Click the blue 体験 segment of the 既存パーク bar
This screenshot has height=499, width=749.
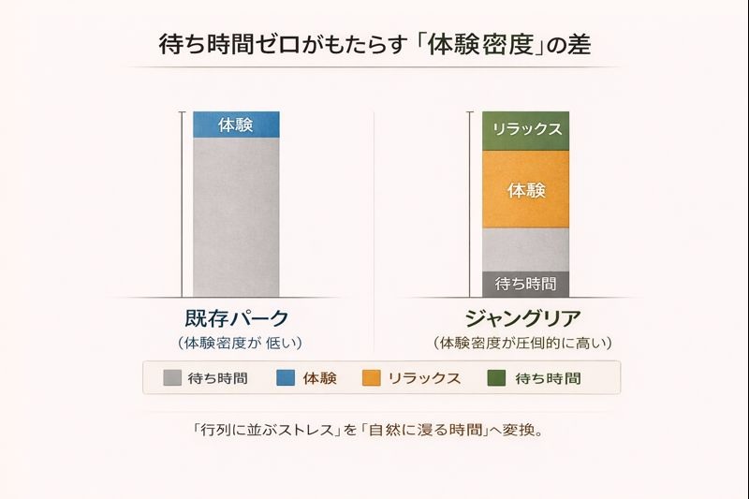coord(236,125)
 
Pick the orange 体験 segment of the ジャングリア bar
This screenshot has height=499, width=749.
coord(526,189)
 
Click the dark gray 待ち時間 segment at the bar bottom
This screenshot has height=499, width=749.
coord(525,284)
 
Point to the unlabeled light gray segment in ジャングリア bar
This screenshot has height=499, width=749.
coord(525,249)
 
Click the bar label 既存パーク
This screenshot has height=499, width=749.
coord(237,318)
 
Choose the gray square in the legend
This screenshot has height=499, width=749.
coord(172,378)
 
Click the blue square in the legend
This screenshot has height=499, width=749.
coord(286,378)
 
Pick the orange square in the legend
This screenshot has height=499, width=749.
coord(372,378)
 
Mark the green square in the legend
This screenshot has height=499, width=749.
coord(497,378)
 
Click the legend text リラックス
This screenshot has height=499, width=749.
coord(424,378)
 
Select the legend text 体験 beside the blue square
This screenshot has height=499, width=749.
coord(319,378)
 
